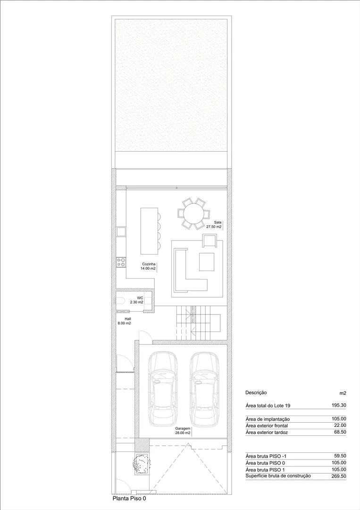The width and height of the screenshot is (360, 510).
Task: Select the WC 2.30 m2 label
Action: pyautogui.click(x=137, y=300)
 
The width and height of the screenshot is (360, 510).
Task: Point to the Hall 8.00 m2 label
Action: pyautogui.click(x=125, y=321)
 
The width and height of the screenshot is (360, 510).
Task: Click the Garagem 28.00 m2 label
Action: pyautogui.click(x=182, y=431)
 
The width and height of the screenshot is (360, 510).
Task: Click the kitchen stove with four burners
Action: pyautogui.click(x=121, y=262)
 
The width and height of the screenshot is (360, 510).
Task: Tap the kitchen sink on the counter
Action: pyautogui.click(x=121, y=231)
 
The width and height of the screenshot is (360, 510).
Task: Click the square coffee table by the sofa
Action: pyautogui.click(x=207, y=262)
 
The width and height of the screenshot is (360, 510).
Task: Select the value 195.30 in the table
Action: pyautogui.click(x=339, y=405)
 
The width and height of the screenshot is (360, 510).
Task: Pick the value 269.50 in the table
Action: pyautogui.click(x=339, y=476)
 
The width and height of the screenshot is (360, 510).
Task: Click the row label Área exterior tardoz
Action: pyautogui.click(x=267, y=432)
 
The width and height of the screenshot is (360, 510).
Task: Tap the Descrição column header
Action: pyautogui.click(x=256, y=393)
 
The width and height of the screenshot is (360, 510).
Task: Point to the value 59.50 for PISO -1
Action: pyautogui.click(x=340, y=456)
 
